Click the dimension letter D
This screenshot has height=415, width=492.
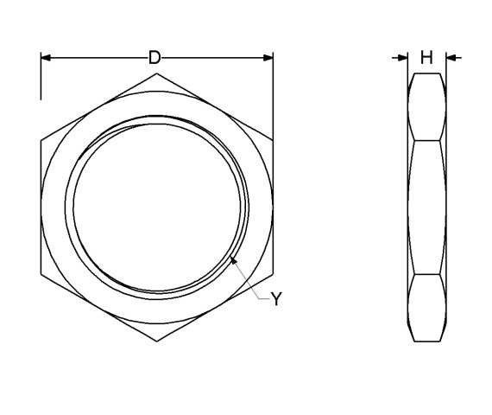click(155, 58)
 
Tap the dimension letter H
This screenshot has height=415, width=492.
click(426, 58)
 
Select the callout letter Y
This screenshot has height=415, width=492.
click(276, 298)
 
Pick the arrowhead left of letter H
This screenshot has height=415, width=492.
click(403, 58)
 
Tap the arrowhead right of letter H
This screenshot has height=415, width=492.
click(451, 58)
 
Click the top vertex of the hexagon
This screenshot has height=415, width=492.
click(157, 73)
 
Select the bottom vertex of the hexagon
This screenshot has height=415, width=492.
click(157, 342)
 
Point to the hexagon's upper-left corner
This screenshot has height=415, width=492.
click(41, 140)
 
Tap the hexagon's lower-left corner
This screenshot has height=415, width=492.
click(41, 274)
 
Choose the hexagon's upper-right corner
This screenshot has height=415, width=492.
click(274, 140)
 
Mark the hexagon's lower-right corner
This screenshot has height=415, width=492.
click(274, 274)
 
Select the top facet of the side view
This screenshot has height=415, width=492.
click(426, 106)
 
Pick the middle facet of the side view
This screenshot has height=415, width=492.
click(426, 207)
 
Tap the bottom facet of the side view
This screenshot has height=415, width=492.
click(426, 308)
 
